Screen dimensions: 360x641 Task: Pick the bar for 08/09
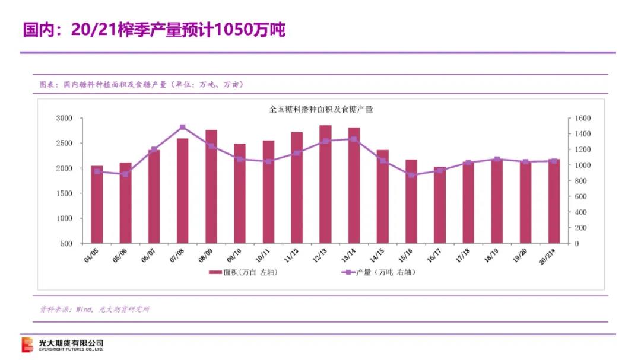211,186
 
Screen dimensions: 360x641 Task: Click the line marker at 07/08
183,127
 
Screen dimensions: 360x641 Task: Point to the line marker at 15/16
411,175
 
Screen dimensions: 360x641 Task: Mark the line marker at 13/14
354,139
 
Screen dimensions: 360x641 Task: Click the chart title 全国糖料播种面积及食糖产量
320,109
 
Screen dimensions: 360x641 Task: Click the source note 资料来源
94,309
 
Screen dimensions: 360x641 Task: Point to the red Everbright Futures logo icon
28,345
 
